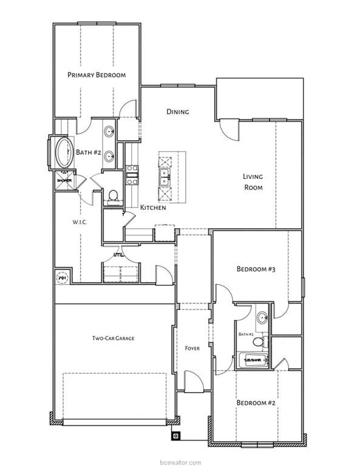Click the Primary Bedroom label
[x=97, y=75]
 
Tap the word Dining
[x=178, y=112]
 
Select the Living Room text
[x=253, y=182]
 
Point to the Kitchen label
[x=153, y=208]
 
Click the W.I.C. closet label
[x=80, y=222]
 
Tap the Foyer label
[x=192, y=348]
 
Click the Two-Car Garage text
[x=113, y=338]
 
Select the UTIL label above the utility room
[x=119, y=255]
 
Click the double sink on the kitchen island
[x=165, y=177]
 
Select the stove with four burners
[x=132, y=174]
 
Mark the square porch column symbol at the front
[x=175, y=435]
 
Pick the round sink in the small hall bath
[x=262, y=317]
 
